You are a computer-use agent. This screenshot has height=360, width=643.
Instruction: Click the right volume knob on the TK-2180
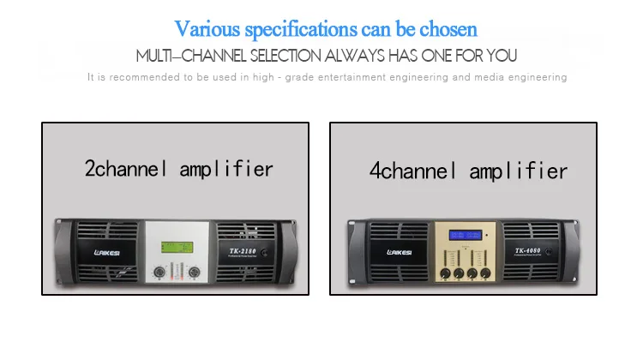(195, 272)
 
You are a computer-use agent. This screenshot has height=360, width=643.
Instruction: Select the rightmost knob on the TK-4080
(486, 274)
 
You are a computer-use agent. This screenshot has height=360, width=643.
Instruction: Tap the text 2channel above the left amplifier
(127, 168)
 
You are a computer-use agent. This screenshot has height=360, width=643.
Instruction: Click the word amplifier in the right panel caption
(517, 171)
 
